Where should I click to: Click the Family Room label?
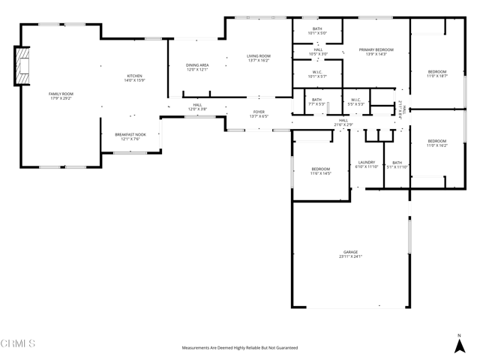click(x=61, y=96)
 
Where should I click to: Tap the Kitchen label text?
click(x=134, y=78)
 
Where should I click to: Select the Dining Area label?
click(x=197, y=67)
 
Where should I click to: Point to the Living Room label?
click(x=259, y=58)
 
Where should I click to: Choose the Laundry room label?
click(x=367, y=164)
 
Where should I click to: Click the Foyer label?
click(x=259, y=114)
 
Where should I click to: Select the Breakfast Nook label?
click(x=130, y=136)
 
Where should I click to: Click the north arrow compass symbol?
click(x=459, y=344)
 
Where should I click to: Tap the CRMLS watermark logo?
click(x=19, y=344)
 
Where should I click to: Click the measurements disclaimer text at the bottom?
click(x=240, y=348)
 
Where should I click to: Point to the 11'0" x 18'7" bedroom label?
click(x=436, y=73)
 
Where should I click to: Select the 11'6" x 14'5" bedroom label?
click(x=320, y=172)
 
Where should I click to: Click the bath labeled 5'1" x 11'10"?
click(x=397, y=164)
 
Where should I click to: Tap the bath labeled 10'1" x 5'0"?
click(x=316, y=30)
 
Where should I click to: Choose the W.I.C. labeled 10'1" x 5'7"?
click(x=316, y=74)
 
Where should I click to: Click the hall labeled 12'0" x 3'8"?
click(x=196, y=107)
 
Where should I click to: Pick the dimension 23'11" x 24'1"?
click(x=350, y=257)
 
